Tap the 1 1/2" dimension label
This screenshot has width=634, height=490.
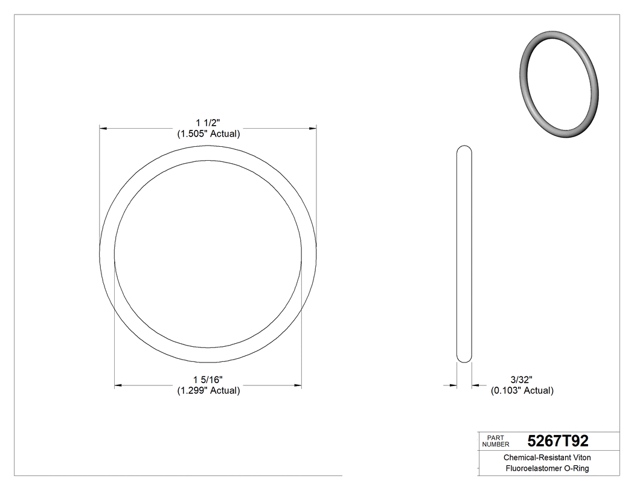tap(208, 123)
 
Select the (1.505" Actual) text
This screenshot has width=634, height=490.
tap(208, 134)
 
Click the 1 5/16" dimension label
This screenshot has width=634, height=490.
tap(208, 379)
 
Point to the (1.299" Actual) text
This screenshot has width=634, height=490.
tap(208, 390)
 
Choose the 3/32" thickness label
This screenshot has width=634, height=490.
tap(521, 379)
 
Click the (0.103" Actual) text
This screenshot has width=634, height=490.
tap(521, 390)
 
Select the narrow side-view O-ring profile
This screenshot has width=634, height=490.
tap(464, 254)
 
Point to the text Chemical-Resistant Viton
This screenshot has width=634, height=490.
tap(547, 458)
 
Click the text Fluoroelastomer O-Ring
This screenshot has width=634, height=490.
tap(547, 469)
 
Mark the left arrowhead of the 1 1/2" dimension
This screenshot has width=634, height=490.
tap(103, 129)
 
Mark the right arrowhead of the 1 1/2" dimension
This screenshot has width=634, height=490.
tap(313, 129)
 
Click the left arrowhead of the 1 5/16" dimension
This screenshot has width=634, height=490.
tap(118, 385)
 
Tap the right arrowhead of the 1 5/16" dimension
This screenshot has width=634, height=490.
tap(298, 385)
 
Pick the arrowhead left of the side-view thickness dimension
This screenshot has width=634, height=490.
tap(452, 385)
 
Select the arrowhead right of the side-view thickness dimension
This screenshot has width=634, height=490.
tap(476, 385)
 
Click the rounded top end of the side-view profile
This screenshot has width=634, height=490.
tap(464, 149)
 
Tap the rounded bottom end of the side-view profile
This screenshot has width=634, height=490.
tap(464, 359)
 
